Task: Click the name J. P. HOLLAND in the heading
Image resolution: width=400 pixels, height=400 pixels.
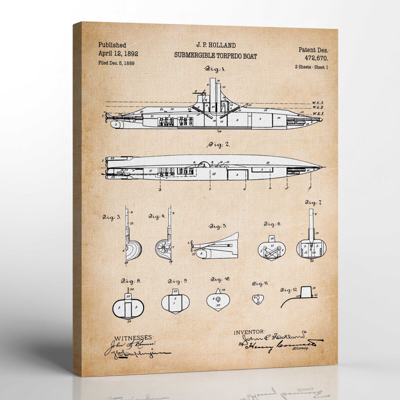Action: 215,45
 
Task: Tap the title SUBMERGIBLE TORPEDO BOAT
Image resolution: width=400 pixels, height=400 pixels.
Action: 215,56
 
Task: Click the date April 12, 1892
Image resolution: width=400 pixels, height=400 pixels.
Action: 118,53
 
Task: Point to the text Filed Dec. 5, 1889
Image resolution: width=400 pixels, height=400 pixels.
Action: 116,63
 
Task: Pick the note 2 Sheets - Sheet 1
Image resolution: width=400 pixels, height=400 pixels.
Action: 311,67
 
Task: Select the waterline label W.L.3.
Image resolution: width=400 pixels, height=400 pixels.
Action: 318,103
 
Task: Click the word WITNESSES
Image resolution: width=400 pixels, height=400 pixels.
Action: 134,337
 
